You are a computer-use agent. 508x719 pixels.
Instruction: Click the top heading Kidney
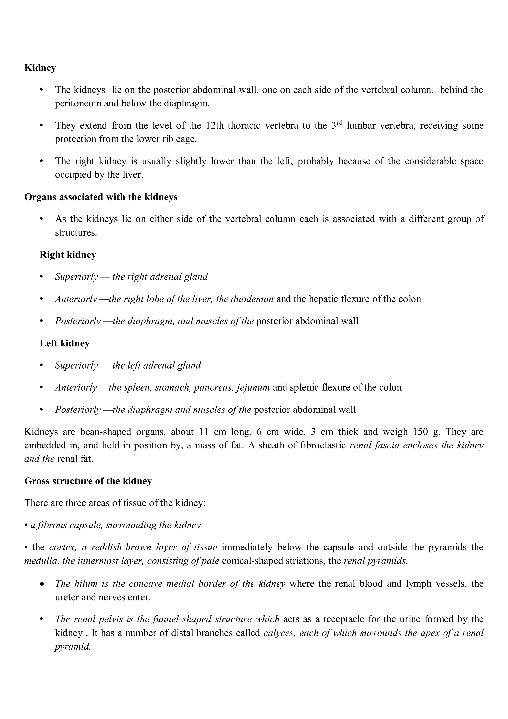(40, 68)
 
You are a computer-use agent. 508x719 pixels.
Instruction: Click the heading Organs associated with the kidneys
(101, 197)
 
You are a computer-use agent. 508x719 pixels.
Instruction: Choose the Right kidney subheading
(68, 255)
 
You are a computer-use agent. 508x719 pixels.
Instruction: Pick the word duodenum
(252, 299)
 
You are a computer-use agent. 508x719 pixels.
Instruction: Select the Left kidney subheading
(64, 343)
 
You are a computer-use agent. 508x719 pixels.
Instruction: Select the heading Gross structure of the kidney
(88, 481)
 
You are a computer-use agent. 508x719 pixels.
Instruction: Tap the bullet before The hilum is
(42, 584)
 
